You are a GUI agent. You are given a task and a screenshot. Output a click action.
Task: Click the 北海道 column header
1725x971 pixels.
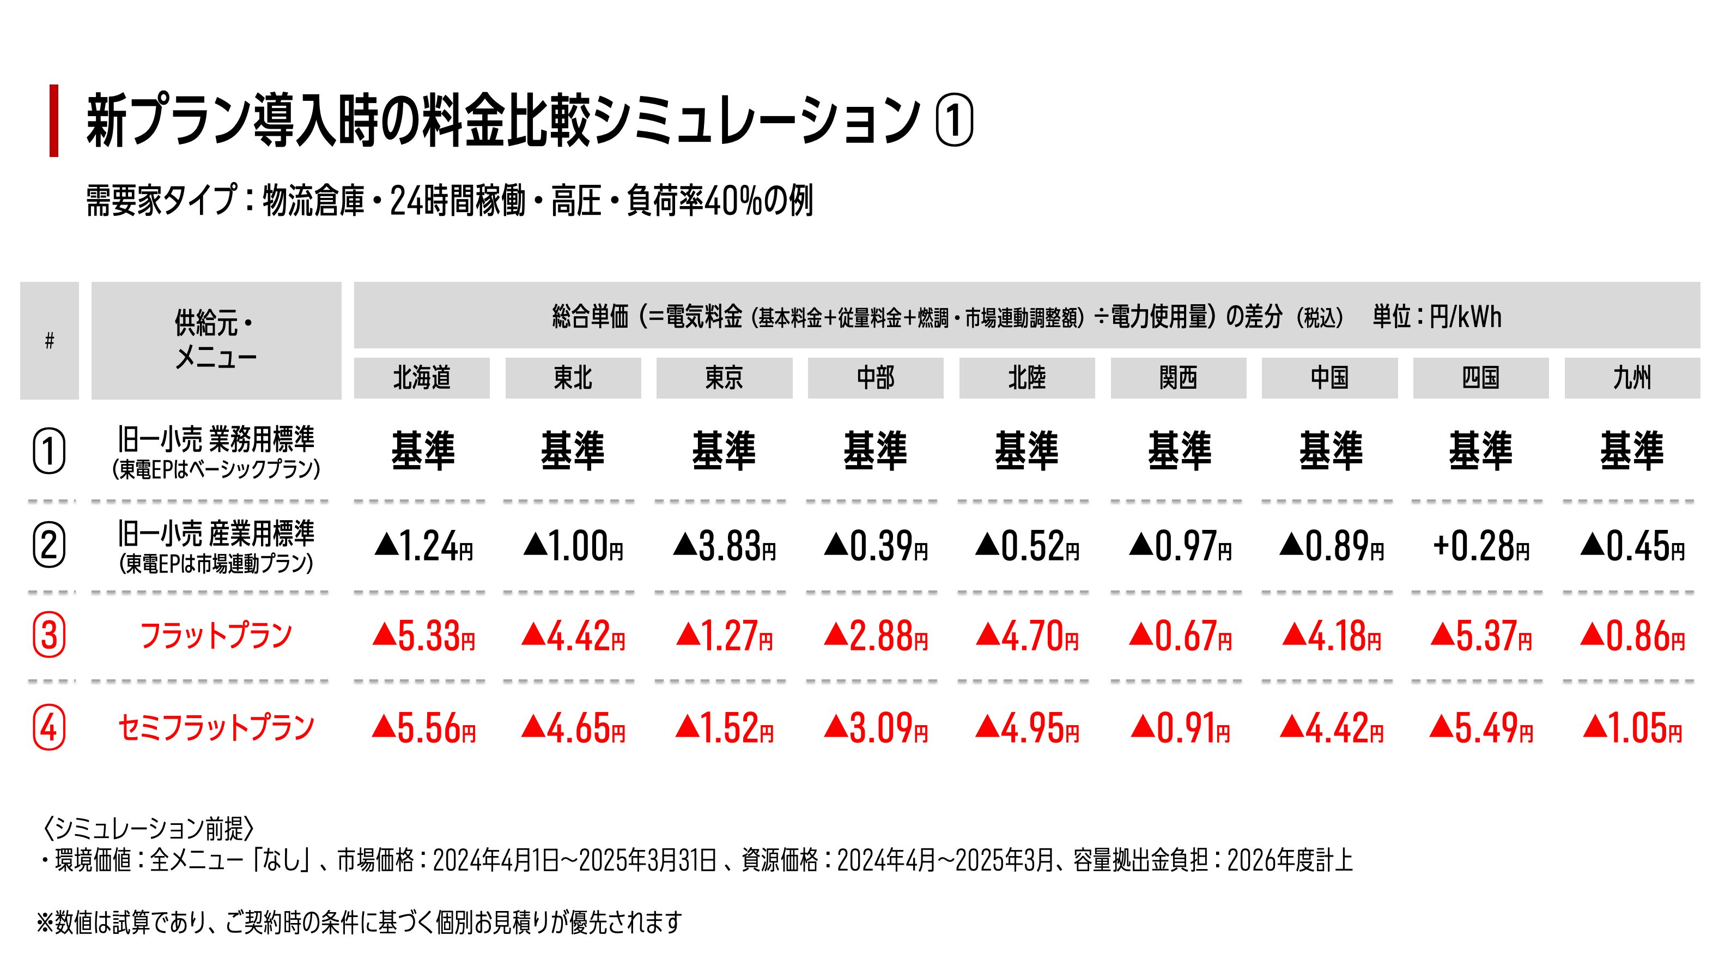pos(421,378)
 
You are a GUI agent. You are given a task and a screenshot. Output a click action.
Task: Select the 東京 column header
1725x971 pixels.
pos(724,378)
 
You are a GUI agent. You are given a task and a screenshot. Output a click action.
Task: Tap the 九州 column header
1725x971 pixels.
pos(1632,378)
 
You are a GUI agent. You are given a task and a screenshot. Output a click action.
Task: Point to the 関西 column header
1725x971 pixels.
pos(1178,378)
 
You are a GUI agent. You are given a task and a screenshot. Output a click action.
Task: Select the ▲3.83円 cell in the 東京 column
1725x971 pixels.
pos(724,546)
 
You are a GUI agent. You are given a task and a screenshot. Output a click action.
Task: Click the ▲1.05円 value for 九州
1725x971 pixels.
pos(1632,728)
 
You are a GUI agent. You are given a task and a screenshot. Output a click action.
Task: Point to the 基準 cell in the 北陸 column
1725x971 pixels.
pos(1027,450)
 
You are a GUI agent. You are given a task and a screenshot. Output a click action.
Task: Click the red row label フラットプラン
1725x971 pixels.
pos(216,635)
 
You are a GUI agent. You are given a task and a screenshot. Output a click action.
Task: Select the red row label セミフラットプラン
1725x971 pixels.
pos(216,728)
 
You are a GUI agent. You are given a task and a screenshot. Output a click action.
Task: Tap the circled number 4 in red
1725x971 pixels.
pos(49,728)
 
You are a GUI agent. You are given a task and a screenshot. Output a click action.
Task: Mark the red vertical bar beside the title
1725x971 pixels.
pos(53,120)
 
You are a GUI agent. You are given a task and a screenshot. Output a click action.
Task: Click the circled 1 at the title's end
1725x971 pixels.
pos(953,121)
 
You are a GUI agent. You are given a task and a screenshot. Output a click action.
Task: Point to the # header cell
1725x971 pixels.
pos(49,340)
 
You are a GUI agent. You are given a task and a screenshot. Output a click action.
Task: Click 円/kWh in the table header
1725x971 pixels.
pos(1465,316)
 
